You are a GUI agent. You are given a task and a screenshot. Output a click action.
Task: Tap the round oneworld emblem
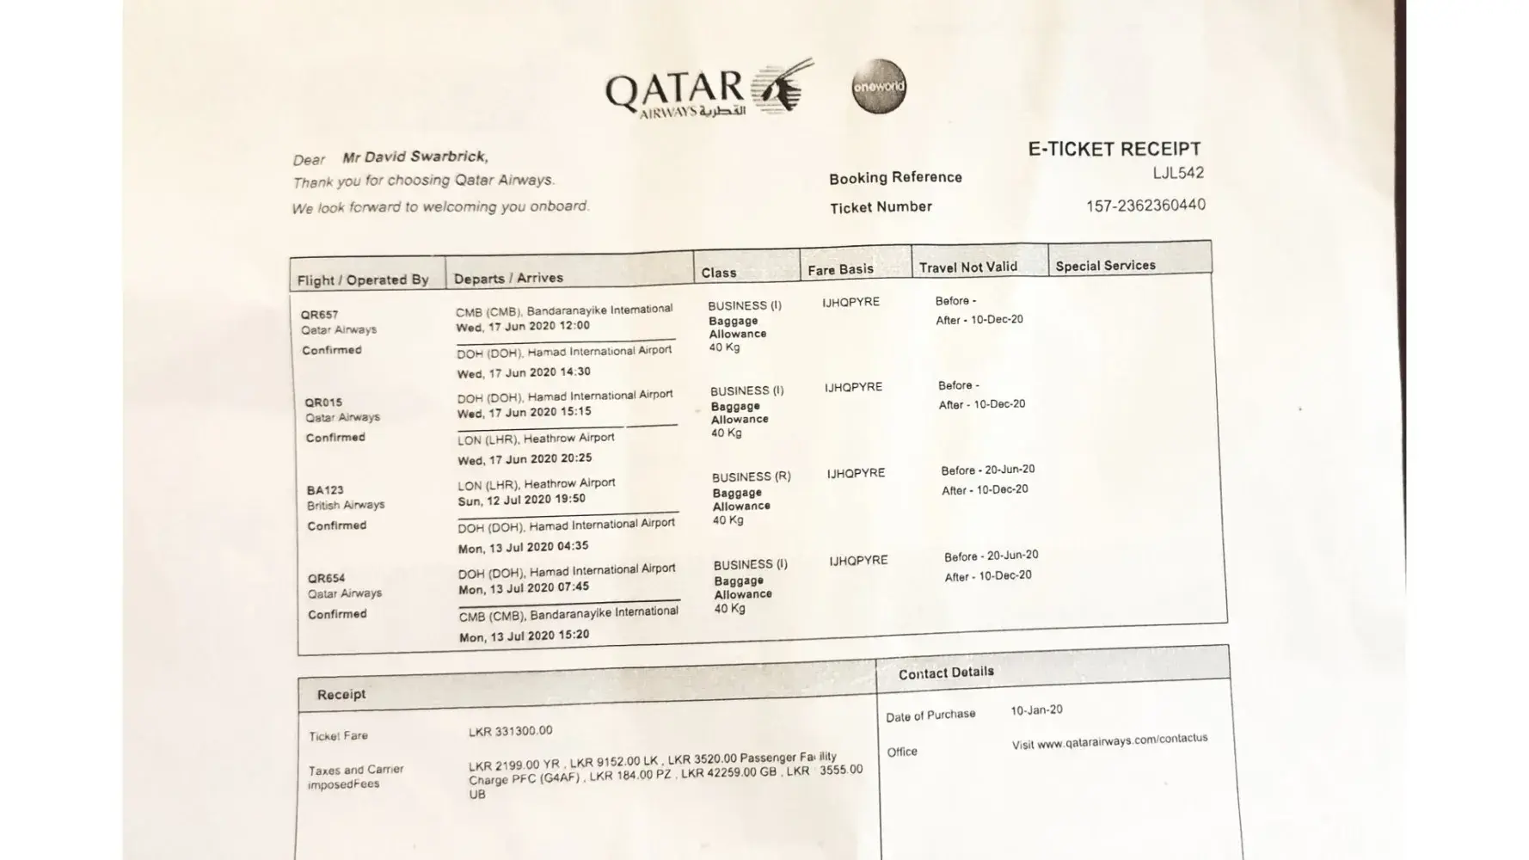(x=879, y=86)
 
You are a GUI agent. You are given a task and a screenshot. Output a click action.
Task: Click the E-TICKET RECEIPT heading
(x=1114, y=149)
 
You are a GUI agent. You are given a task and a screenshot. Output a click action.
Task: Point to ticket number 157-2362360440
(x=1145, y=206)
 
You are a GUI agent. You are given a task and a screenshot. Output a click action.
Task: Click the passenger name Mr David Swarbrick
(x=414, y=157)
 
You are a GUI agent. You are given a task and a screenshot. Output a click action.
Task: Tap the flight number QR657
(x=319, y=315)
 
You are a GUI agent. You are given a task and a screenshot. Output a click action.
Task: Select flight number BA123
(x=324, y=490)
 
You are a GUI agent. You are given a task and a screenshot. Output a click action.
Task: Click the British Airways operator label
(x=346, y=505)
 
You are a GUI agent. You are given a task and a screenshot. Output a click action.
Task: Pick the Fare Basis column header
(x=840, y=270)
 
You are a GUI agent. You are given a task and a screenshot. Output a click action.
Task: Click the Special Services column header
(x=1105, y=266)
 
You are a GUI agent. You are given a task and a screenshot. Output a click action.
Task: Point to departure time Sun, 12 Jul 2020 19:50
(x=521, y=500)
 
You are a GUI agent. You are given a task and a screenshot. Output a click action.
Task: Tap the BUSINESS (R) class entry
(x=751, y=476)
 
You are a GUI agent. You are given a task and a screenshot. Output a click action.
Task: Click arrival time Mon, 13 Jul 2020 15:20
(x=524, y=636)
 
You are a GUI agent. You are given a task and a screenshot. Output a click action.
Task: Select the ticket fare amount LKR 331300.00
(x=510, y=731)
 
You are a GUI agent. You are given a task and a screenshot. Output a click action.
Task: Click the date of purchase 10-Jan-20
(x=1036, y=710)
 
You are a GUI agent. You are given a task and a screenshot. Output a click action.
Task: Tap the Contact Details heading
(x=946, y=673)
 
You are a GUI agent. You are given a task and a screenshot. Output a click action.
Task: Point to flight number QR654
(x=326, y=578)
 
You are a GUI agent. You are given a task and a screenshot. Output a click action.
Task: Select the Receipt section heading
(x=341, y=694)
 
